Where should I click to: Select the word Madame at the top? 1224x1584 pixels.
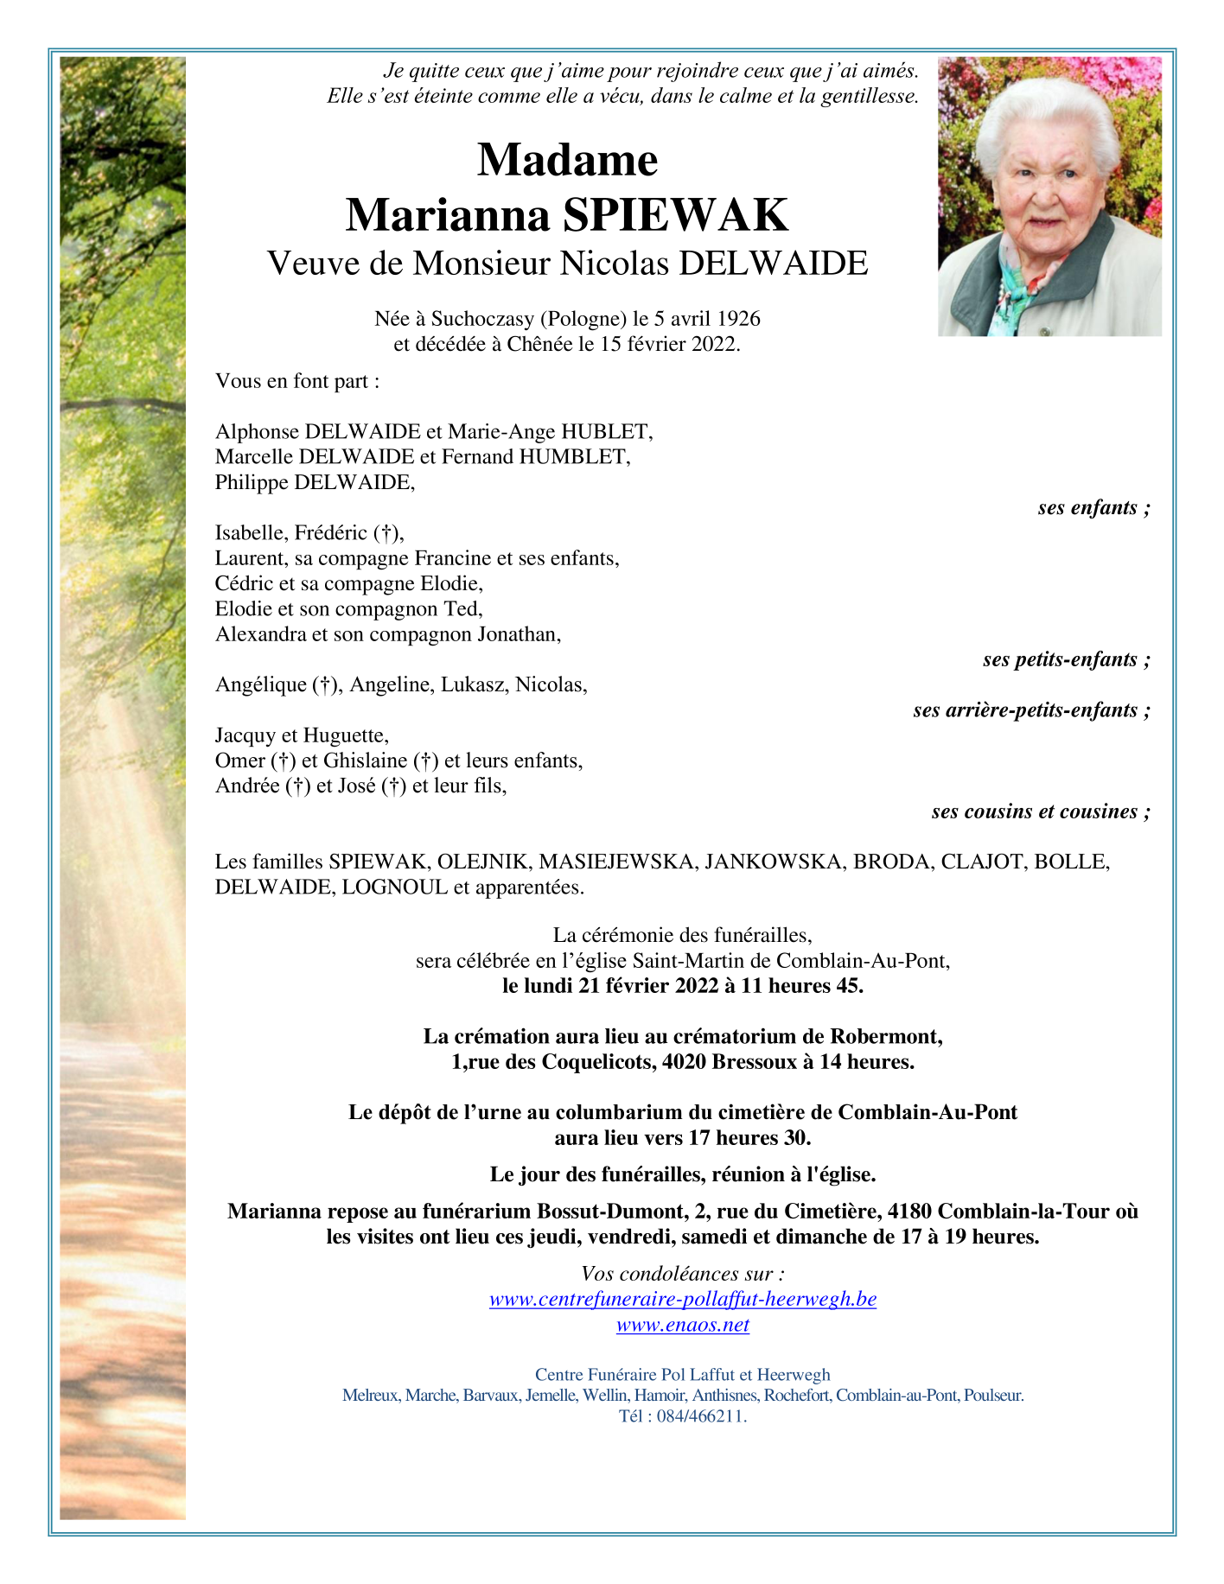(x=567, y=160)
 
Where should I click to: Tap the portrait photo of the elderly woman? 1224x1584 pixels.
(x=1049, y=196)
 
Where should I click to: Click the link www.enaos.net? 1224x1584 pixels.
(x=682, y=1325)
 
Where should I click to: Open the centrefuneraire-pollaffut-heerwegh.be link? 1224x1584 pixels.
(x=682, y=1300)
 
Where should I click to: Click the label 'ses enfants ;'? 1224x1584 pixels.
(x=1093, y=508)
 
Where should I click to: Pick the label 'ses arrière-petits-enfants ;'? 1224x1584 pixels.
(x=1031, y=710)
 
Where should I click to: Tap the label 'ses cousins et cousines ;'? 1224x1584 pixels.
(x=1041, y=811)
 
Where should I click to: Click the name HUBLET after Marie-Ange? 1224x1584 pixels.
(x=606, y=431)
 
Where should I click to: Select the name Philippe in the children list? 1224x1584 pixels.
(x=252, y=482)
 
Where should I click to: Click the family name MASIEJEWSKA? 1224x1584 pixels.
(x=617, y=862)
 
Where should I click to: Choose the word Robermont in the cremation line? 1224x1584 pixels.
(x=884, y=1036)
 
